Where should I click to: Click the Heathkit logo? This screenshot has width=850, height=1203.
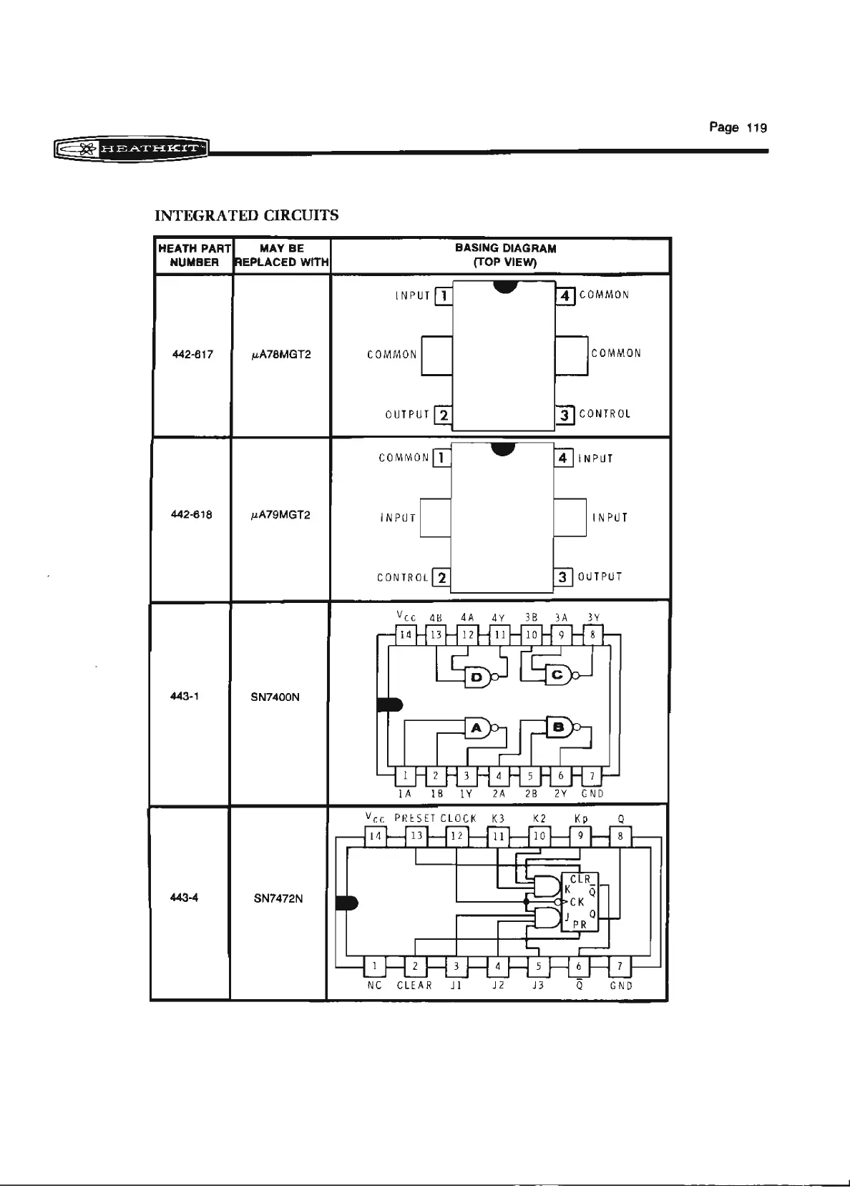point(130,149)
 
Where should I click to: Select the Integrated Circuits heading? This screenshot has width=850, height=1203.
point(247,215)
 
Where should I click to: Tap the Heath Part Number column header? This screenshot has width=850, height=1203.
point(194,255)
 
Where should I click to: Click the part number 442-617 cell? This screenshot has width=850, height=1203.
point(193,354)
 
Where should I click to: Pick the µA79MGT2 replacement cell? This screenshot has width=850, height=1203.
point(280,515)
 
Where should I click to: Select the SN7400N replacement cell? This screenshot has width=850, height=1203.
point(275,697)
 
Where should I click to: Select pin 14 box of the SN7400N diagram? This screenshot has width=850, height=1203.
point(406,634)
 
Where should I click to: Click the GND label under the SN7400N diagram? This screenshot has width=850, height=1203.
point(592,793)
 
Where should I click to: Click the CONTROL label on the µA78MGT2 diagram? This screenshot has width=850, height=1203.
point(605,414)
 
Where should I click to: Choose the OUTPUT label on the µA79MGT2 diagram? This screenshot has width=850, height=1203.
point(600,576)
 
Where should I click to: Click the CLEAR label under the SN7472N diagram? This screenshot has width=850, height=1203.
point(414,986)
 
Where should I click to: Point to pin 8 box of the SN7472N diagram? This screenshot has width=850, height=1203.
point(620,835)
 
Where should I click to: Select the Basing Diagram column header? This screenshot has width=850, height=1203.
point(505,255)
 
